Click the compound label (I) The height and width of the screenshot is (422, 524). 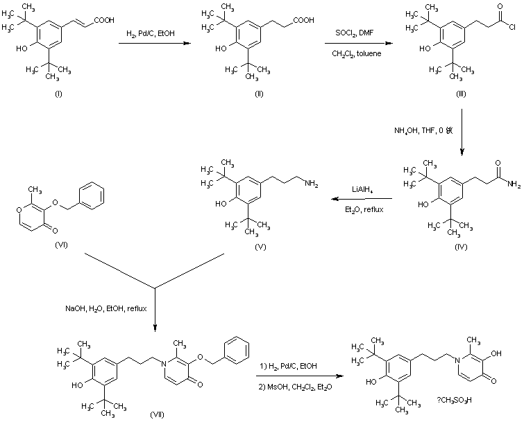58,93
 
